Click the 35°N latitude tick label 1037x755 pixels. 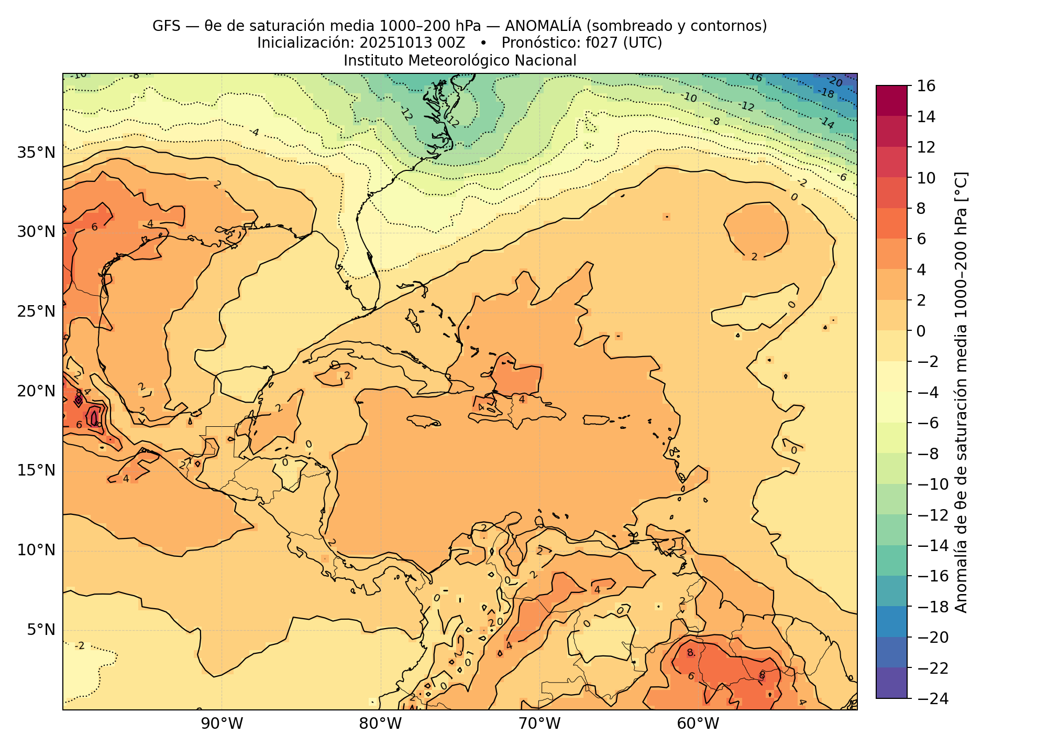click(36, 153)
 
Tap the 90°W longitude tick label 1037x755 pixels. click(222, 724)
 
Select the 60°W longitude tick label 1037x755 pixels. click(698, 724)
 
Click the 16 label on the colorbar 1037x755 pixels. click(926, 86)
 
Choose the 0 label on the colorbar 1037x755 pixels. click(921, 331)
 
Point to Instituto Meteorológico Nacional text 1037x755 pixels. click(460, 61)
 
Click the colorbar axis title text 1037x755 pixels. click(962, 392)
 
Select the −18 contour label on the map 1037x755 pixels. click(826, 93)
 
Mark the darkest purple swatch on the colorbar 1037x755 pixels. click(891, 683)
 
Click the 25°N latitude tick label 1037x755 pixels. click(36, 312)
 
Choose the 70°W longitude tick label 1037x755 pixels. click(539, 724)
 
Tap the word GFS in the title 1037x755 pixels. click(166, 26)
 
